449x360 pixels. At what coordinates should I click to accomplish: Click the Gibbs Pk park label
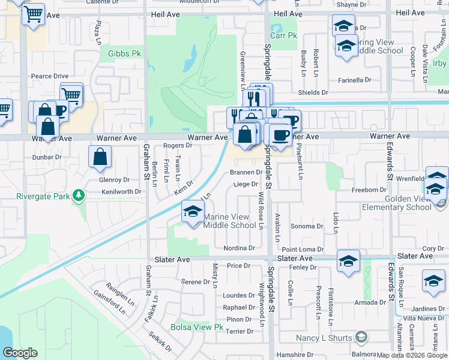124,53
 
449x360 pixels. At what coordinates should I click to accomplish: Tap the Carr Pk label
283,35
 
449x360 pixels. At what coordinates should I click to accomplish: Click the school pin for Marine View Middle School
193,212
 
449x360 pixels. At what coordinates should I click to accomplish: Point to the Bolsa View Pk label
197,328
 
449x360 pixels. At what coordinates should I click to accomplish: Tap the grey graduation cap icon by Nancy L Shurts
361,338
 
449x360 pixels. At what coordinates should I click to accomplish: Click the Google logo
20,352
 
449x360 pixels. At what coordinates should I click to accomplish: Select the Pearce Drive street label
50,76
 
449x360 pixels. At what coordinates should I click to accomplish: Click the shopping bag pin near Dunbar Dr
100,157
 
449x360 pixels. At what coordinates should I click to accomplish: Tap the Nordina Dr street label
239,248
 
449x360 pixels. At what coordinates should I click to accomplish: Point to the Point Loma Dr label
303,249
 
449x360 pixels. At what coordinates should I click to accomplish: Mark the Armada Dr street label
366,302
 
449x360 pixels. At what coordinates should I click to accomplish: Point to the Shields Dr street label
313,92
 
